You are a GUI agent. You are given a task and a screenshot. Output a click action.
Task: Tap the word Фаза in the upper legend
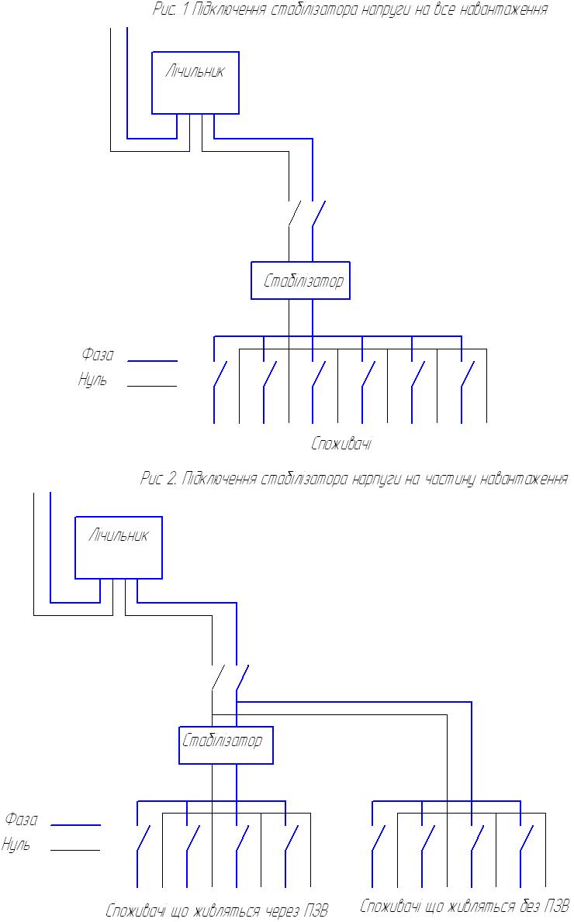(97, 355)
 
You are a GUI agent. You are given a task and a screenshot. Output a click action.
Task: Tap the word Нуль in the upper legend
(93, 380)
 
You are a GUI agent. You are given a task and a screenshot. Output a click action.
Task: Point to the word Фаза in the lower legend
(21, 819)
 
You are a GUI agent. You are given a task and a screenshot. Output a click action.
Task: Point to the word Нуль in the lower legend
(16, 845)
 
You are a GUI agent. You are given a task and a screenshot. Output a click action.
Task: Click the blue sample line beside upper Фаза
(152, 361)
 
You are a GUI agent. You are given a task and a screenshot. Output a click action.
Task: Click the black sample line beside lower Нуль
(75, 850)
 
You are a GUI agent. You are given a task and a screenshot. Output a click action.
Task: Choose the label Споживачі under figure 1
(341, 443)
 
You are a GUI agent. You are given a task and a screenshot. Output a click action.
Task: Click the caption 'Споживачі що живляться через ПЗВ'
(216, 910)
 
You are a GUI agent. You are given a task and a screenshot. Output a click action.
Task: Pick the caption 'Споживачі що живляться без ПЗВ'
(464, 906)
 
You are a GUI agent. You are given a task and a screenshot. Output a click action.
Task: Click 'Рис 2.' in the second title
(158, 479)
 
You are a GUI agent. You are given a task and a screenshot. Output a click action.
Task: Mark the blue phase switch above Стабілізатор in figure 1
(319, 213)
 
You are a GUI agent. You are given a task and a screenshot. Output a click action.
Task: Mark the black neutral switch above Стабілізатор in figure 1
(295, 213)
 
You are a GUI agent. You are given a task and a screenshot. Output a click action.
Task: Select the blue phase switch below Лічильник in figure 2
(243, 677)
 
